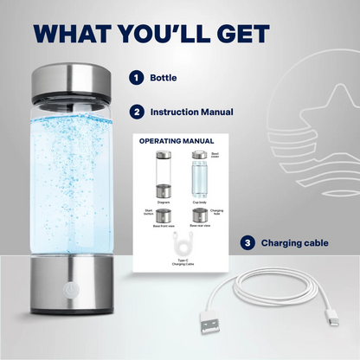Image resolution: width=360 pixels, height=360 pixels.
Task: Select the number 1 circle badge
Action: tap(136, 78)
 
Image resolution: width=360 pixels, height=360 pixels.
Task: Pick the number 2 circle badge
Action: tap(136, 112)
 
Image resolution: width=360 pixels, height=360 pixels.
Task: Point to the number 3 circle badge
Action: tap(247, 243)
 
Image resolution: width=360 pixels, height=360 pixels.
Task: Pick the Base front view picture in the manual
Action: tap(162, 215)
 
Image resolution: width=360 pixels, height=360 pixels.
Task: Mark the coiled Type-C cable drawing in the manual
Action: tap(181, 246)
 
